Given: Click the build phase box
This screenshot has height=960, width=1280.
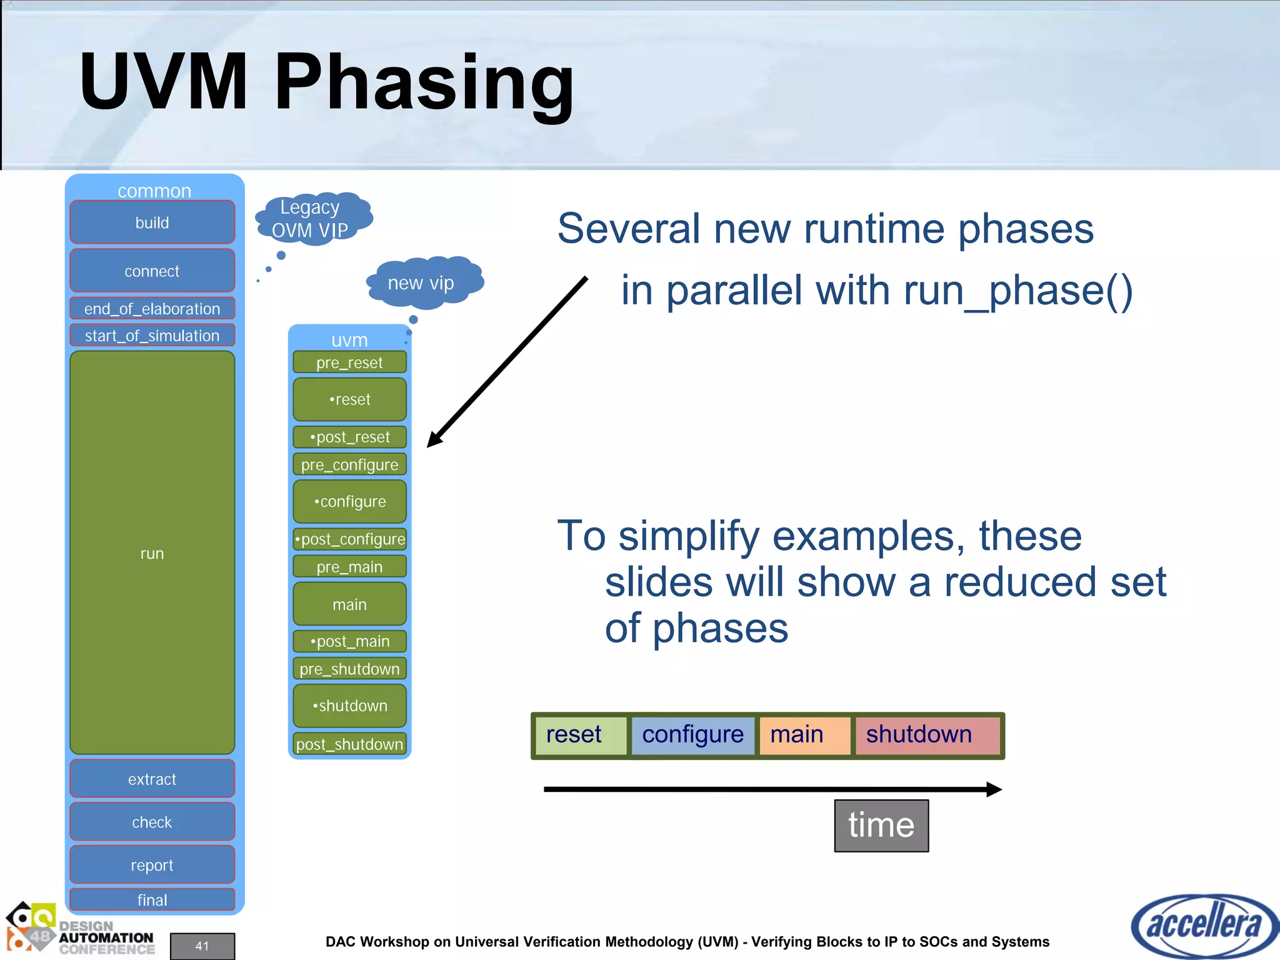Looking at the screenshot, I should click(x=152, y=222).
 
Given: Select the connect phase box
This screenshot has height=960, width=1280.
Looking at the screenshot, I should click(x=152, y=271).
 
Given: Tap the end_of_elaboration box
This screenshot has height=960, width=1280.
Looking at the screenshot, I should click(x=152, y=308).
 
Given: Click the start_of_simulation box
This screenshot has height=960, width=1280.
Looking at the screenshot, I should click(x=152, y=336).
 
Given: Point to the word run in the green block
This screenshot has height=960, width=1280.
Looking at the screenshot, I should click(x=152, y=554).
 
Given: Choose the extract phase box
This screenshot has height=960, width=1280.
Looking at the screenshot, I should click(x=152, y=779).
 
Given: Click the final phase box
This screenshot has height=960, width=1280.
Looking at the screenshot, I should click(x=152, y=899).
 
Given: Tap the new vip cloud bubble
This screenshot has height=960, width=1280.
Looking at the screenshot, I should click(x=422, y=282).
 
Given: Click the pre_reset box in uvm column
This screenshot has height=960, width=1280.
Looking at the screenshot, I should click(x=349, y=362).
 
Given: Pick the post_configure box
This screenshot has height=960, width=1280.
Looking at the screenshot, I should click(x=349, y=539).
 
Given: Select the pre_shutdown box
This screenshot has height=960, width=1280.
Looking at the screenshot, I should click(x=349, y=669).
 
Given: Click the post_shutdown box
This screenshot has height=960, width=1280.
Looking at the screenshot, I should click(x=349, y=744).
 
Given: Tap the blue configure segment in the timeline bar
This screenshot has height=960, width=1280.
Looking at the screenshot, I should click(x=692, y=735).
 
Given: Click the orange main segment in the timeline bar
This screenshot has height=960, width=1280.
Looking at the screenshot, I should click(x=804, y=735).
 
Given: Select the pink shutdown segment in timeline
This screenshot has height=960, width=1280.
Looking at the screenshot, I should click(x=927, y=735).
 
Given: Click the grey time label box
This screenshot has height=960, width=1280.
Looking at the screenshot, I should click(x=881, y=825).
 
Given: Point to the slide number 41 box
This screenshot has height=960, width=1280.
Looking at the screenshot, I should click(x=202, y=946).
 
